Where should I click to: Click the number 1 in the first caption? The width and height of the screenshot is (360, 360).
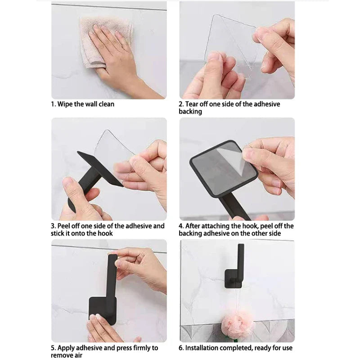coord(52,104)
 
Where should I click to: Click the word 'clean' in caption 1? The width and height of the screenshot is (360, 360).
coord(106,104)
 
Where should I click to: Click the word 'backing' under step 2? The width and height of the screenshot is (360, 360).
coord(190,112)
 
